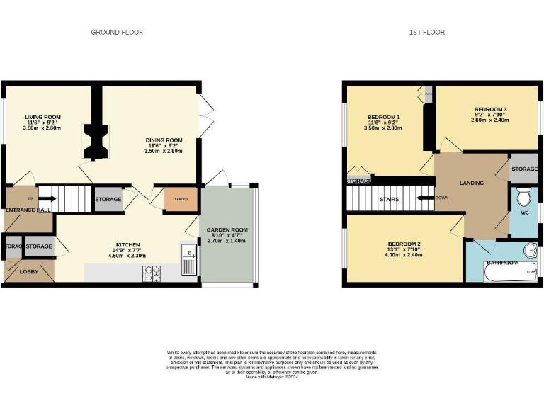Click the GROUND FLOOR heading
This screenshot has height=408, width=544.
(x=117, y=33)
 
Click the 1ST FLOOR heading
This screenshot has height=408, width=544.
(x=427, y=33)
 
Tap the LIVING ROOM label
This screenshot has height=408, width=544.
(x=42, y=117)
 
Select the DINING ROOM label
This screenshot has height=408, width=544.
(x=164, y=140)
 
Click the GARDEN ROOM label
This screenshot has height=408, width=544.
(x=227, y=231)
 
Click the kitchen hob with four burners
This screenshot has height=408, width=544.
(x=154, y=271)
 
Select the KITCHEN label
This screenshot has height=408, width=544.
(x=128, y=245)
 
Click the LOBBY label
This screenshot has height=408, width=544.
(x=29, y=271)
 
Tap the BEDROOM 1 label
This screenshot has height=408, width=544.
(x=383, y=118)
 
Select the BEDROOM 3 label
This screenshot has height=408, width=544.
(x=490, y=109)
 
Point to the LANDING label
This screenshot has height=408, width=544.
(x=472, y=183)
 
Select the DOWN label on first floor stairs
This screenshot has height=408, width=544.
(x=442, y=198)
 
